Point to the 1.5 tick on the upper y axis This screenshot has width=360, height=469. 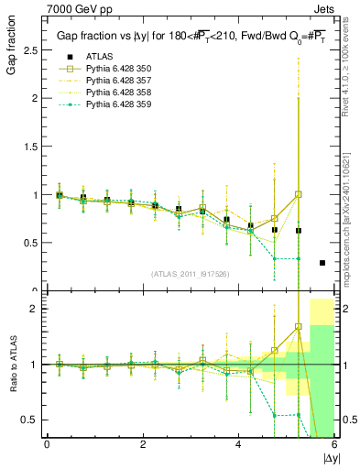point(31,147)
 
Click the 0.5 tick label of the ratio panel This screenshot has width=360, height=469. point(31,420)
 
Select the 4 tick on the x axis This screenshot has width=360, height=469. point(239,444)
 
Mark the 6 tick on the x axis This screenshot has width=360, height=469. point(335,444)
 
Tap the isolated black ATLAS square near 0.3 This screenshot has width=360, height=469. point(322,263)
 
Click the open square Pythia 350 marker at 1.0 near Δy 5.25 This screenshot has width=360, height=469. point(299,194)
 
